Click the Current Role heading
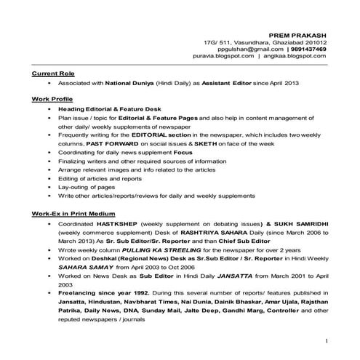[53, 74]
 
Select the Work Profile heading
[52, 97]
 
